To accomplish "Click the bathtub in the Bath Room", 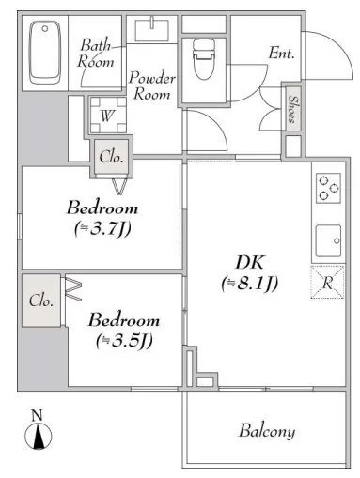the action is point(45,53).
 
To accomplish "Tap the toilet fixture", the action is point(204,59).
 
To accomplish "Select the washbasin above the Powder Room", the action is point(152,29).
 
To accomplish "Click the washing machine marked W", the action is point(108,115).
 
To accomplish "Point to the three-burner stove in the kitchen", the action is point(328,189).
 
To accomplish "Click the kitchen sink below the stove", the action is point(328,240).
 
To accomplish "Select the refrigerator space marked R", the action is point(327,282).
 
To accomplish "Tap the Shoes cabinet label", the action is point(293,109).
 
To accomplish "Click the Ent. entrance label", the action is point(281,54).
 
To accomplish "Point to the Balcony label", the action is point(267,431).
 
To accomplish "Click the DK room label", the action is point(250,262).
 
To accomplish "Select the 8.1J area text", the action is point(250,284).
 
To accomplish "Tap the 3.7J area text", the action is point(102,229).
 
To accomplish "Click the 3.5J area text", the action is point(124,341).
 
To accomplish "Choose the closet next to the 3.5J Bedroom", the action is point(41,301).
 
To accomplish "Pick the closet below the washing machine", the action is point(111,157).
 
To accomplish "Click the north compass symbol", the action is point(39,436).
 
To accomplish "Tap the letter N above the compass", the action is point(37,415).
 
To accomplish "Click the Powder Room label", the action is point(152,85).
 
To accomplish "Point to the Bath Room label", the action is point(96,54).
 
